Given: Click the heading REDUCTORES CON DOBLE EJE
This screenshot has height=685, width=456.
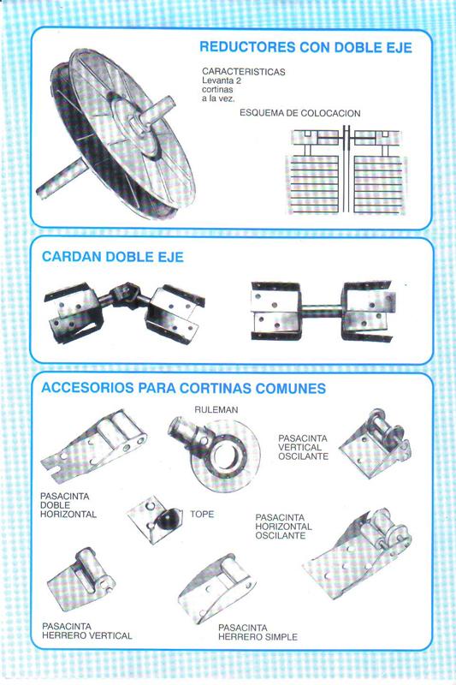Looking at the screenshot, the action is (x=305, y=47).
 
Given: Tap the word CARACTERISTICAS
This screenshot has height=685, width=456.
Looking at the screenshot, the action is (x=244, y=72).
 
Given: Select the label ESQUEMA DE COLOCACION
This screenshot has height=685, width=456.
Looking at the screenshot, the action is (x=299, y=113).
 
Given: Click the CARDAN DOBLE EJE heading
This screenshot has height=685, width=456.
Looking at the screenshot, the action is (x=113, y=256).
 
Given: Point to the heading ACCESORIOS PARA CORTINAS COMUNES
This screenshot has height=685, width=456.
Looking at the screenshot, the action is (x=183, y=388).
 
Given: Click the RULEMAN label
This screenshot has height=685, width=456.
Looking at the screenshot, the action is (x=216, y=410).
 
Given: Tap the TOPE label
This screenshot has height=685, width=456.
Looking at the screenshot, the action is (x=202, y=515).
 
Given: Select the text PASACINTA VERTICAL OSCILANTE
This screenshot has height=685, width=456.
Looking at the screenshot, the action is (x=303, y=447).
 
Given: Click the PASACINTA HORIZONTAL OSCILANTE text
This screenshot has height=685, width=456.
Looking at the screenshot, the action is (x=284, y=527).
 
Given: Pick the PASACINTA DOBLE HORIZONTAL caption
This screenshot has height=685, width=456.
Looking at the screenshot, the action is (x=68, y=505).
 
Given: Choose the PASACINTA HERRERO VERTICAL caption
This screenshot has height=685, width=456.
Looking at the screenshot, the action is (x=86, y=631).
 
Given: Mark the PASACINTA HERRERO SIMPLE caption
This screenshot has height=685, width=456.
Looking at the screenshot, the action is (x=258, y=633).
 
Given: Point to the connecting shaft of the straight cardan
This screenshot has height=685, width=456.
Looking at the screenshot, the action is (x=321, y=311).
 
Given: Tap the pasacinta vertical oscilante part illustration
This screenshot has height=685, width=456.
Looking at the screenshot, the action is (x=375, y=444).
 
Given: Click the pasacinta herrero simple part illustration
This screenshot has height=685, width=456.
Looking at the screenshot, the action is (x=216, y=587).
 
